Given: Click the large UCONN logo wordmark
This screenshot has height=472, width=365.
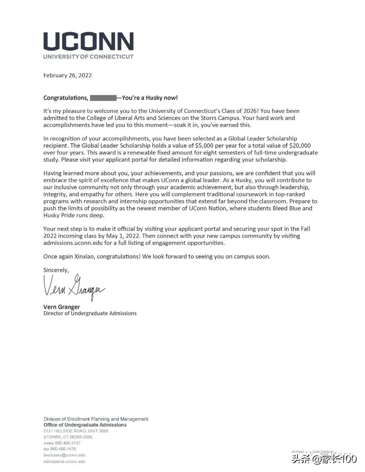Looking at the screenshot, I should (88, 42).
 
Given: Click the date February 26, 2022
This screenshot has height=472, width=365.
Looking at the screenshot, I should (68, 75).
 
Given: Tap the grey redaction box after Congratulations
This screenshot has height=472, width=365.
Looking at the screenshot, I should (103, 98).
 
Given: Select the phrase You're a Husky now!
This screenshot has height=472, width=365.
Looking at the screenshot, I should (150, 98).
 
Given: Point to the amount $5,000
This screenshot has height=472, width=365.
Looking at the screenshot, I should (204, 146).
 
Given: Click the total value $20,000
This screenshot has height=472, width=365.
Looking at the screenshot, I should (300, 146).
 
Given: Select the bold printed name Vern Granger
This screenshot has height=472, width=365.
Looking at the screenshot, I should (62, 307).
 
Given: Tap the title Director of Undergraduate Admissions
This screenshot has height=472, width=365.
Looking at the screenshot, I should (90, 313).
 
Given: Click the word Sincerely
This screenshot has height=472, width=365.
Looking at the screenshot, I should (56, 270).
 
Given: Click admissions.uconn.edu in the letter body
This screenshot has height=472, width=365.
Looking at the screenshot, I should (73, 243).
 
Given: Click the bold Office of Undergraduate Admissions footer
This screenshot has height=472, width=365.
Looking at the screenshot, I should (85, 425).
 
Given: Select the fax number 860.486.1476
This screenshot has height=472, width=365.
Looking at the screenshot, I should (63, 449).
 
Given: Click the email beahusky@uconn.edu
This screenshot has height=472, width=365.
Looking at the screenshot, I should (64, 455).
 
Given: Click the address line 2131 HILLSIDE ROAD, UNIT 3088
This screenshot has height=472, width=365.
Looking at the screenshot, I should (76, 431).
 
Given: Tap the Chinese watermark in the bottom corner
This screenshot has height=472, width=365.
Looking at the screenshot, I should (324, 459).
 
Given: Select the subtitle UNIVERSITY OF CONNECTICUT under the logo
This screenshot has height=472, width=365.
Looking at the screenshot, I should (88, 57).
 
